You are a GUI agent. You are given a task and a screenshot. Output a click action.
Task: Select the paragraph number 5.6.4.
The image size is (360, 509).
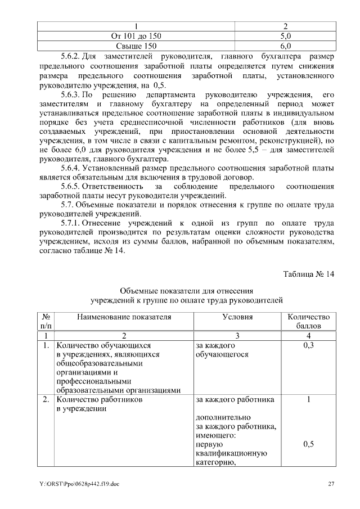(71, 168)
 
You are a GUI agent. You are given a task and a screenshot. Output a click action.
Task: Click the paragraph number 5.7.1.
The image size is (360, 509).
(71, 222)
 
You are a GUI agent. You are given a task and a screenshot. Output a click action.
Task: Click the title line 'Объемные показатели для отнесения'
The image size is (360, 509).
(187, 291)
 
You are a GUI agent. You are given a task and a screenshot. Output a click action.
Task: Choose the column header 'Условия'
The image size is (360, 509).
(237, 317)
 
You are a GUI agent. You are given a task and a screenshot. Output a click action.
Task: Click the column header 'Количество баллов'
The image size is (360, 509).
(308, 321)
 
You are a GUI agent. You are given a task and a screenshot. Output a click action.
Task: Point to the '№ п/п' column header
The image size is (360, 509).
(46, 321)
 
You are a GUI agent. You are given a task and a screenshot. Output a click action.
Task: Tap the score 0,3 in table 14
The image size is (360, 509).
(308, 345)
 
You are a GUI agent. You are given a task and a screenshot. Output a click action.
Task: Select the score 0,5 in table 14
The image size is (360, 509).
(308, 444)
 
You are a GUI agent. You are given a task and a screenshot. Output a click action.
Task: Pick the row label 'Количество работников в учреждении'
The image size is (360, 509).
(99, 404)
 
